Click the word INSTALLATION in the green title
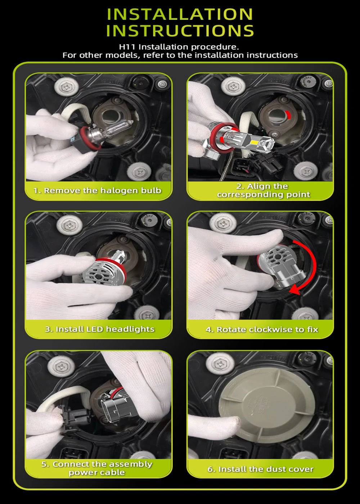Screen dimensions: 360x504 click(180, 14)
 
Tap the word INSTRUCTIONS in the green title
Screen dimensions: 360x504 click(180, 30)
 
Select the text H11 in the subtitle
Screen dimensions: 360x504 click(127, 47)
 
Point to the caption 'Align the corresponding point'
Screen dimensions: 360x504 click(264, 190)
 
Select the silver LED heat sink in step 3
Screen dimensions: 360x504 click(102, 274)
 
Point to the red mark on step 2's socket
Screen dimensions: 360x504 click(288, 114)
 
